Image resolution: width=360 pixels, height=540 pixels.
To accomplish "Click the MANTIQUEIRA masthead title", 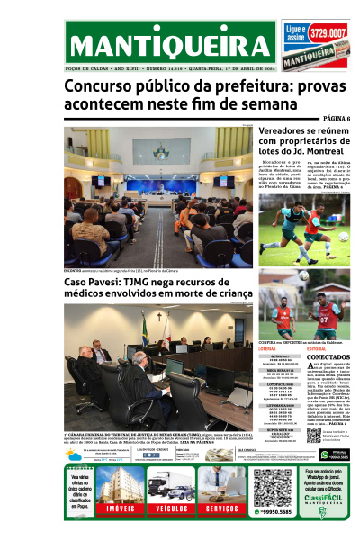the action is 168,45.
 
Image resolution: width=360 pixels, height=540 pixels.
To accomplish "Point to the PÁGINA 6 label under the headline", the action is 336,119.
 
